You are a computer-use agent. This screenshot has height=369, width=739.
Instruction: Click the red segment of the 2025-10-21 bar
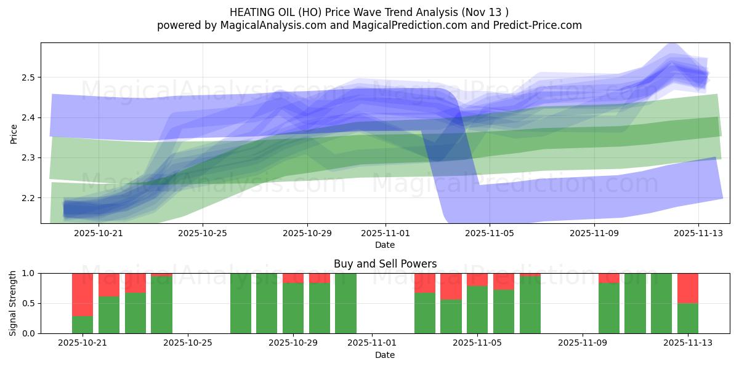(83, 295)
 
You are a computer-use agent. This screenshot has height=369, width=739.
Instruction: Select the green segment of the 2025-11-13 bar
(688, 318)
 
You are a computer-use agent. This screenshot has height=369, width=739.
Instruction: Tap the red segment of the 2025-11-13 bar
(688, 288)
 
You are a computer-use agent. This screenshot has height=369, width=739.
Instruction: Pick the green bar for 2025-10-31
(345, 303)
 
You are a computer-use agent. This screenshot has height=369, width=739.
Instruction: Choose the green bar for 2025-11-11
(635, 303)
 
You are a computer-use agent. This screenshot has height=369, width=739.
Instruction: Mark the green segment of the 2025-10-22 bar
(109, 315)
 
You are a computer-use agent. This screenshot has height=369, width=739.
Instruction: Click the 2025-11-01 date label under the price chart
(386, 234)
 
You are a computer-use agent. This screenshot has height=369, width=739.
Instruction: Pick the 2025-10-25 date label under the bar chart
(188, 343)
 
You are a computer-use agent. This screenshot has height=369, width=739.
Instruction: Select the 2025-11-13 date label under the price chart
(698, 234)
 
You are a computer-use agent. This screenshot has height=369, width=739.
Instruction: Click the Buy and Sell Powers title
(385, 264)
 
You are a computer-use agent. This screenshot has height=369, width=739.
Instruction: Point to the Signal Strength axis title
(13, 303)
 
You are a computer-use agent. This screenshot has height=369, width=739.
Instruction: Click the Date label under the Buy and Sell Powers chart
(385, 355)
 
